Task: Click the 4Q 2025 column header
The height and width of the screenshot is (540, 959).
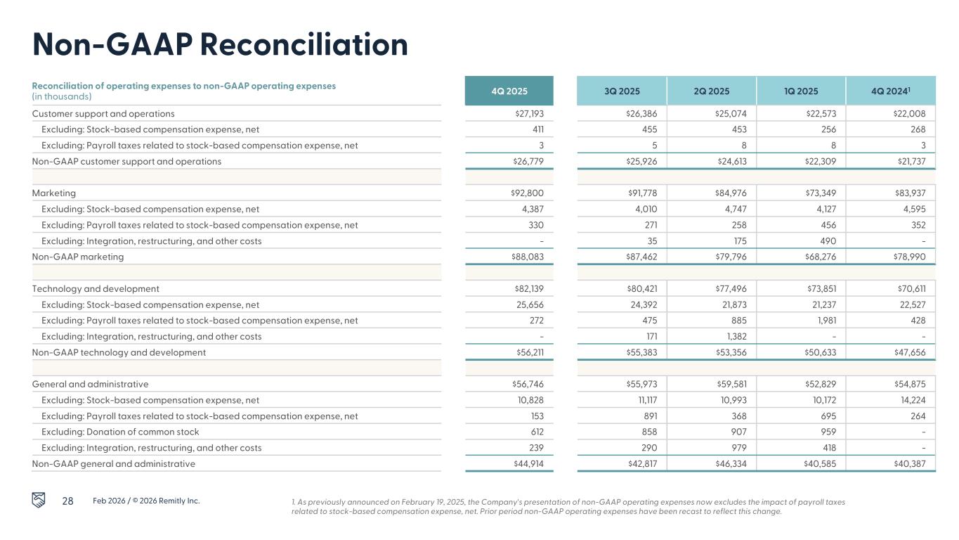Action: coord(509,91)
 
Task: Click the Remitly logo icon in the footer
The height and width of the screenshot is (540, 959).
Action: coord(41,500)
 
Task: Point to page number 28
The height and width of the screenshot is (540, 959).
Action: coord(68,501)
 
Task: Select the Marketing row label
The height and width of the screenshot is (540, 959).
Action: coord(54,193)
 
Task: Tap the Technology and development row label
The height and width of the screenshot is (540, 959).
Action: coord(96,288)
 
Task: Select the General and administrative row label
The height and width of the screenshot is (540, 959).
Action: coord(90,384)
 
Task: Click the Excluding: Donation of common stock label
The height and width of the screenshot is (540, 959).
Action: coord(120,432)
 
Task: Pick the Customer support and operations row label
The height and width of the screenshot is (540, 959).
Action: coord(103,113)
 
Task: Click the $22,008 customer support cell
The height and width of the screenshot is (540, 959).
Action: coord(911,113)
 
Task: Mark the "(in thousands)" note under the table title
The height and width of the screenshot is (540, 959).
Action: coord(62,96)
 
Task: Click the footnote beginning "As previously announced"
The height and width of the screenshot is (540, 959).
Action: coord(568,507)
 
